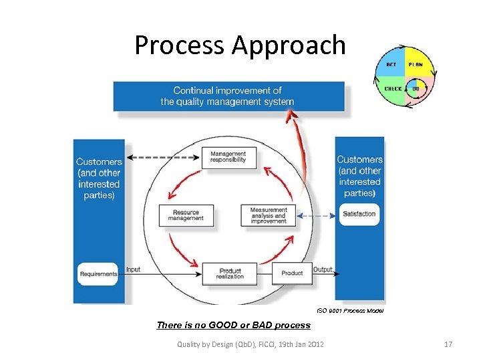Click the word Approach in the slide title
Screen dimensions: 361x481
[x=289, y=45]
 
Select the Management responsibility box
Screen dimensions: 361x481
[x=228, y=156]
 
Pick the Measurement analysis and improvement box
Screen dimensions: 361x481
[x=269, y=215]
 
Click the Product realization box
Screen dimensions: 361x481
[x=230, y=273]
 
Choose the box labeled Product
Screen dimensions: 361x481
[x=292, y=273]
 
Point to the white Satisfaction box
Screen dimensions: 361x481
[x=359, y=214]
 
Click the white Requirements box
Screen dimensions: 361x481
[x=98, y=273]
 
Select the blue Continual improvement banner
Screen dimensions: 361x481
[x=227, y=96]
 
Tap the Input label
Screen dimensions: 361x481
[x=134, y=269]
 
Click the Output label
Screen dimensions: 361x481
[x=323, y=269]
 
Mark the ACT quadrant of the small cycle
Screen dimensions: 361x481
[x=391, y=65]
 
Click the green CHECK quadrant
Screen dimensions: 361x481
[x=392, y=88]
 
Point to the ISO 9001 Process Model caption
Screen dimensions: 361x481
[x=349, y=311]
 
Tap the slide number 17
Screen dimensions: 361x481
[x=448, y=344]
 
